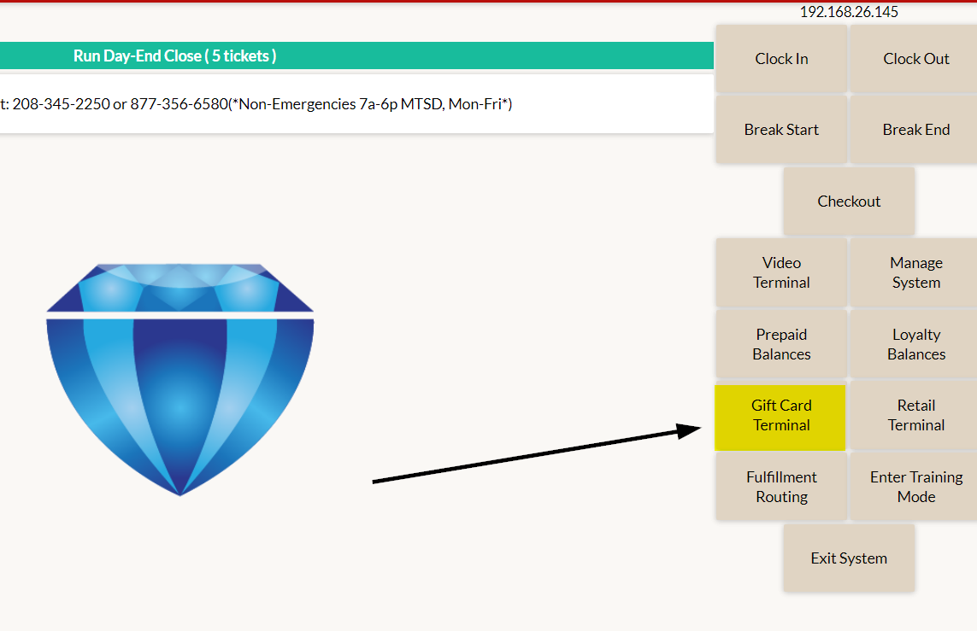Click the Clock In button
point(781,59)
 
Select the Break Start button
point(781,130)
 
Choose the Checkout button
point(849,201)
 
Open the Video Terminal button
point(781,272)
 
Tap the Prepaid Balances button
point(781,344)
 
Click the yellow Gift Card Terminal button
point(780,417)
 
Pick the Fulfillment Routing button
point(781,487)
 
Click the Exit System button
point(849,558)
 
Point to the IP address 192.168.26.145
point(849,12)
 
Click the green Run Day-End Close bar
point(356,56)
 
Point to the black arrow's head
point(700,428)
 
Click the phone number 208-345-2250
point(61,104)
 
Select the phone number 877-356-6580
point(180,104)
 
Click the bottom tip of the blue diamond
point(180,495)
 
